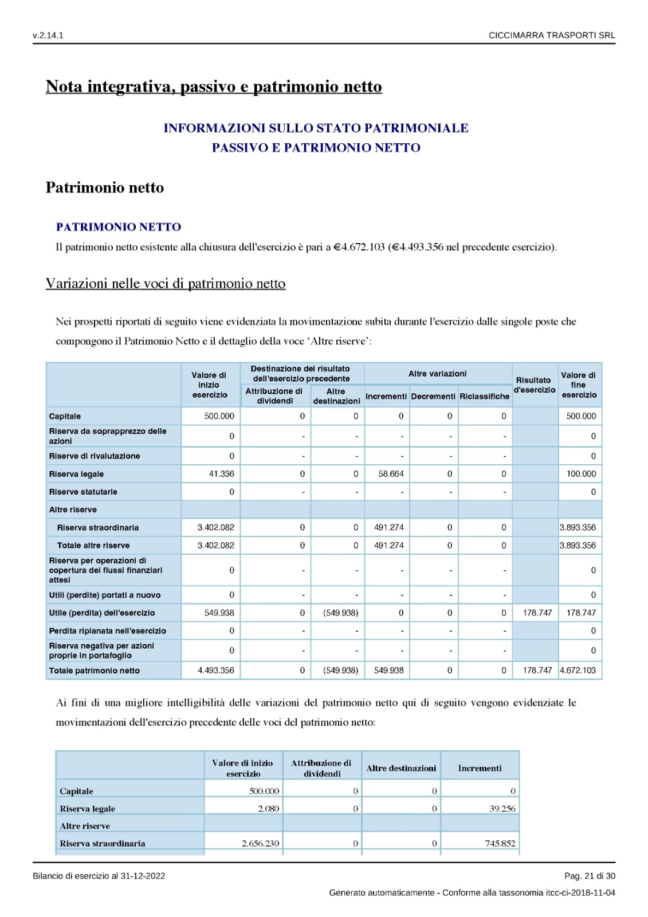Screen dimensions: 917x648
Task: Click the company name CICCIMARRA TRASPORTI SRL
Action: pos(551,36)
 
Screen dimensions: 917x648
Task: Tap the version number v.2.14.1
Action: pos(48,36)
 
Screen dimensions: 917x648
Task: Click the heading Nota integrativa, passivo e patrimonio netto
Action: pos(214,87)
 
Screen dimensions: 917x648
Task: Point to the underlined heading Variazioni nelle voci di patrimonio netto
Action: pos(166,284)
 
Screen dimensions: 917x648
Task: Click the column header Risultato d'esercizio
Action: pos(535,385)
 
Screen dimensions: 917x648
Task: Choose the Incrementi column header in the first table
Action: pos(386,397)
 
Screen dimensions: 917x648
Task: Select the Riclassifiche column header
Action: pos(484,397)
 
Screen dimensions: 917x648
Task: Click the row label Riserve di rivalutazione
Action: pos(95,456)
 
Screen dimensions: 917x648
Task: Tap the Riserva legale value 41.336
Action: pos(221,474)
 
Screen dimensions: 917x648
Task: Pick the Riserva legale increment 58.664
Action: pos(391,474)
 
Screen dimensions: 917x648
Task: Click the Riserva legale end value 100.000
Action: pos(581,474)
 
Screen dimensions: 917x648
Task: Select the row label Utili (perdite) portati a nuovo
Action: pos(105,595)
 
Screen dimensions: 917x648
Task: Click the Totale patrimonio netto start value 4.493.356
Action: pos(216,671)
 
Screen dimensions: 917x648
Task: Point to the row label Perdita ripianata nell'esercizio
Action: pos(108,631)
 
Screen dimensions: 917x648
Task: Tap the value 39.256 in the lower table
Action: pos(502,809)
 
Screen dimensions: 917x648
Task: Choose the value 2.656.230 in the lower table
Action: pos(260,844)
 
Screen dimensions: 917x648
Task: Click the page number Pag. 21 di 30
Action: pos(590,876)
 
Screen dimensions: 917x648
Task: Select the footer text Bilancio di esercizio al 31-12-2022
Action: pos(99,876)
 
